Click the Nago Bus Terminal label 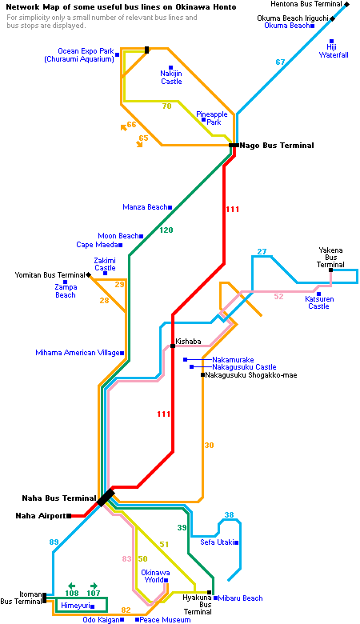pyautogui.click(x=277, y=146)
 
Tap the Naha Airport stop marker pyautogui.click(x=70, y=516)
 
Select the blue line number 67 pyautogui.click(x=281, y=62)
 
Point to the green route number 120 pyautogui.click(x=166, y=230)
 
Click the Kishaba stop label pyautogui.click(x=189, y=342)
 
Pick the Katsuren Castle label pyautogui.click(x=318, y=302)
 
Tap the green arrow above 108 pyautogui.click(x=72, y=586)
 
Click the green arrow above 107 pyautogui.click(x=94, y=586)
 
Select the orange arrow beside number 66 pyautogui.click(x=124, y=127)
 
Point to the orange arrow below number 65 pyautogui.click(x=139, y=144)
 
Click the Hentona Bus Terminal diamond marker pyautogui.click(x=347, y=4)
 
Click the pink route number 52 pyautogui.click(x=279, y=297)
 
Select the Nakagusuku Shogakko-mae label pyautogui.click(x=251, y=375)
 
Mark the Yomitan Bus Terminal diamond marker pyautogui.click(x=88, y=275)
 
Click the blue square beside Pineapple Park pyautogui.click(x=204, y=119)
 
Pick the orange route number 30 pyautogui.click(x=210, y=446)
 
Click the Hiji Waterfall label pyautogui.click(x=334, y=51)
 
